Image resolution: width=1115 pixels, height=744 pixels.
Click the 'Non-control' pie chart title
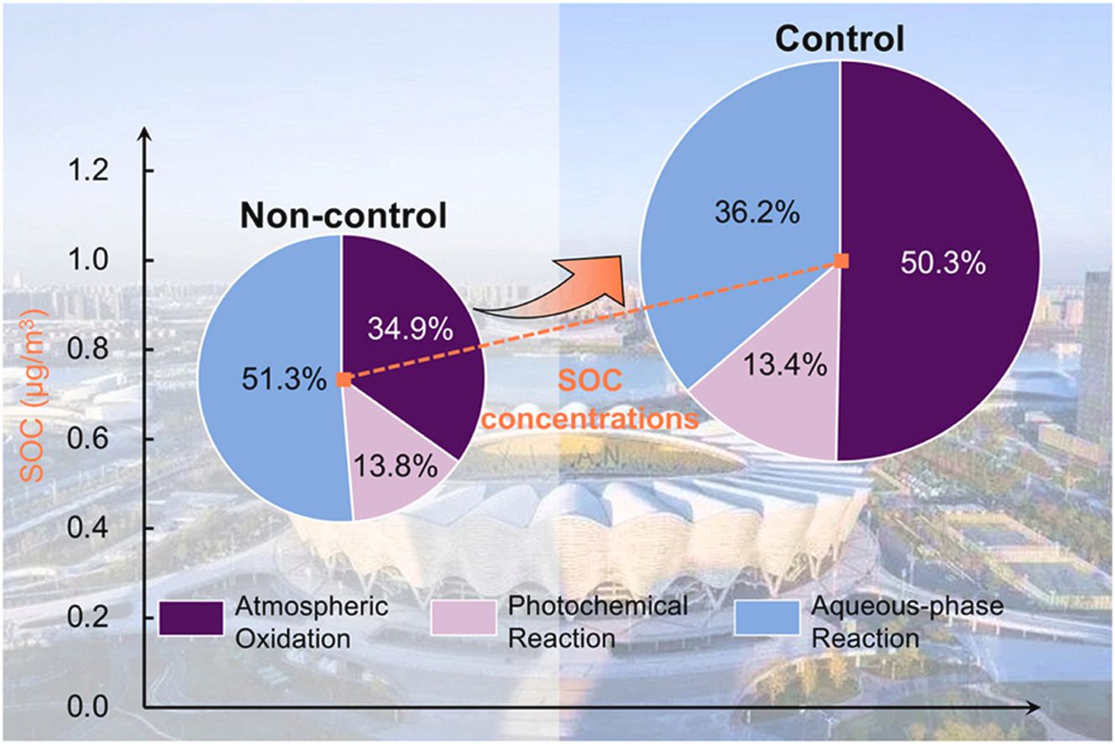tap(343, 217)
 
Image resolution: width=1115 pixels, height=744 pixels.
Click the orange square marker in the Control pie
tap(841, 261)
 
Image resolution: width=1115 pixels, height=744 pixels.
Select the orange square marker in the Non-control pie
tap(343, 380)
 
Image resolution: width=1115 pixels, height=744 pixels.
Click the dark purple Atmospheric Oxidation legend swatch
tap(191, 619)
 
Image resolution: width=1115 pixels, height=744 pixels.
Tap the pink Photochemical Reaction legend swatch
tap(462, 619)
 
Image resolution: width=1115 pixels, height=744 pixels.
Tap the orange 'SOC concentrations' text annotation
tap(592, 400)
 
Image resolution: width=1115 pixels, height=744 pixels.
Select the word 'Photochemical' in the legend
tap(574, 606)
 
